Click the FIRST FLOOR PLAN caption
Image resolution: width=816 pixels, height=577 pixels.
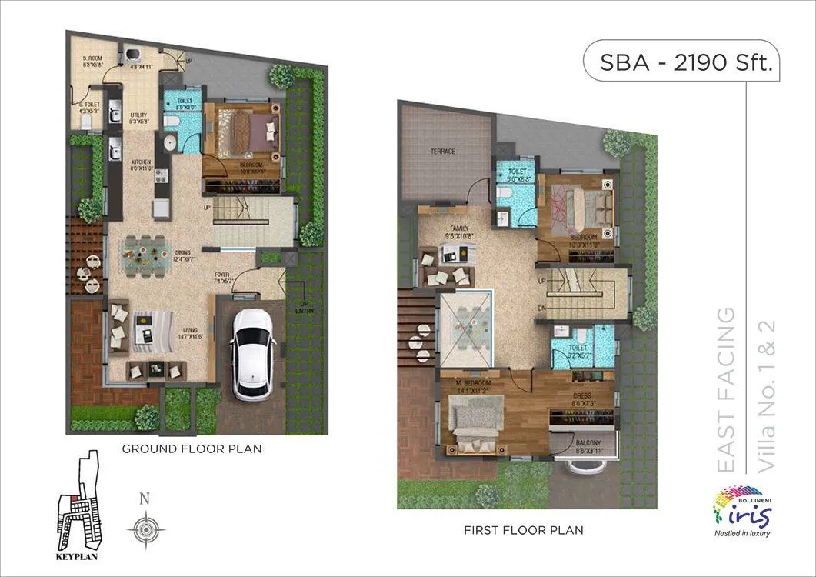click(x=523, y=530)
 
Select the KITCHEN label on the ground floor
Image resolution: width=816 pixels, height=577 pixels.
click(x=142, y=162)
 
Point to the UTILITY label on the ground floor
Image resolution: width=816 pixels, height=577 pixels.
click(x=138, y=115)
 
